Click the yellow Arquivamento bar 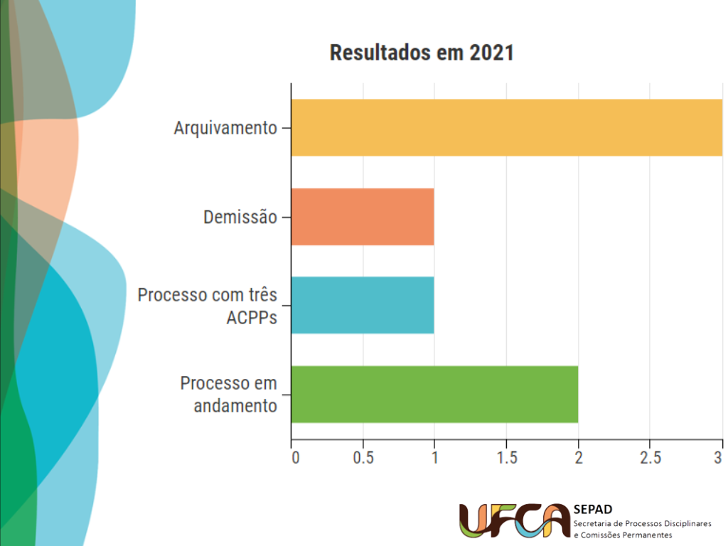click(506, 128)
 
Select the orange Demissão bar click(363, 217)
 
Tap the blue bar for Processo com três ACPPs click(363, 305)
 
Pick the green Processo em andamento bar click(434, 394)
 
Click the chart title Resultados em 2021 click(422, 53)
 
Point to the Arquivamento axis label click(225, 129)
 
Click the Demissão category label click(240, 217)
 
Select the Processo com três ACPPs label click(208, 305)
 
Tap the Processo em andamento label click(228, 395)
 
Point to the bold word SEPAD click(592, 509)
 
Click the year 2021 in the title click(491, 53)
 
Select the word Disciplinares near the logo click(685, 523)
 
